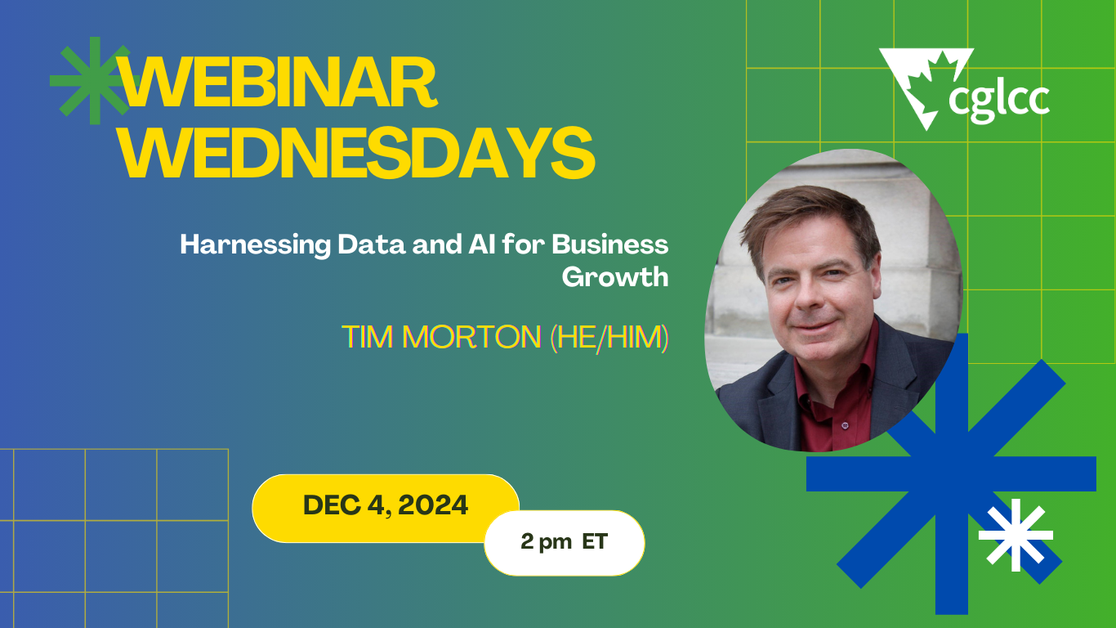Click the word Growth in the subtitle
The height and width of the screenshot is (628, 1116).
(614, 276)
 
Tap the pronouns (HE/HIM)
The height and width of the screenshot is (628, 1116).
(609, 337)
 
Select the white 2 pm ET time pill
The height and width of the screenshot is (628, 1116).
(564, 542)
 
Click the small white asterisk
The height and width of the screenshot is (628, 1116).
(1016, 535)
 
